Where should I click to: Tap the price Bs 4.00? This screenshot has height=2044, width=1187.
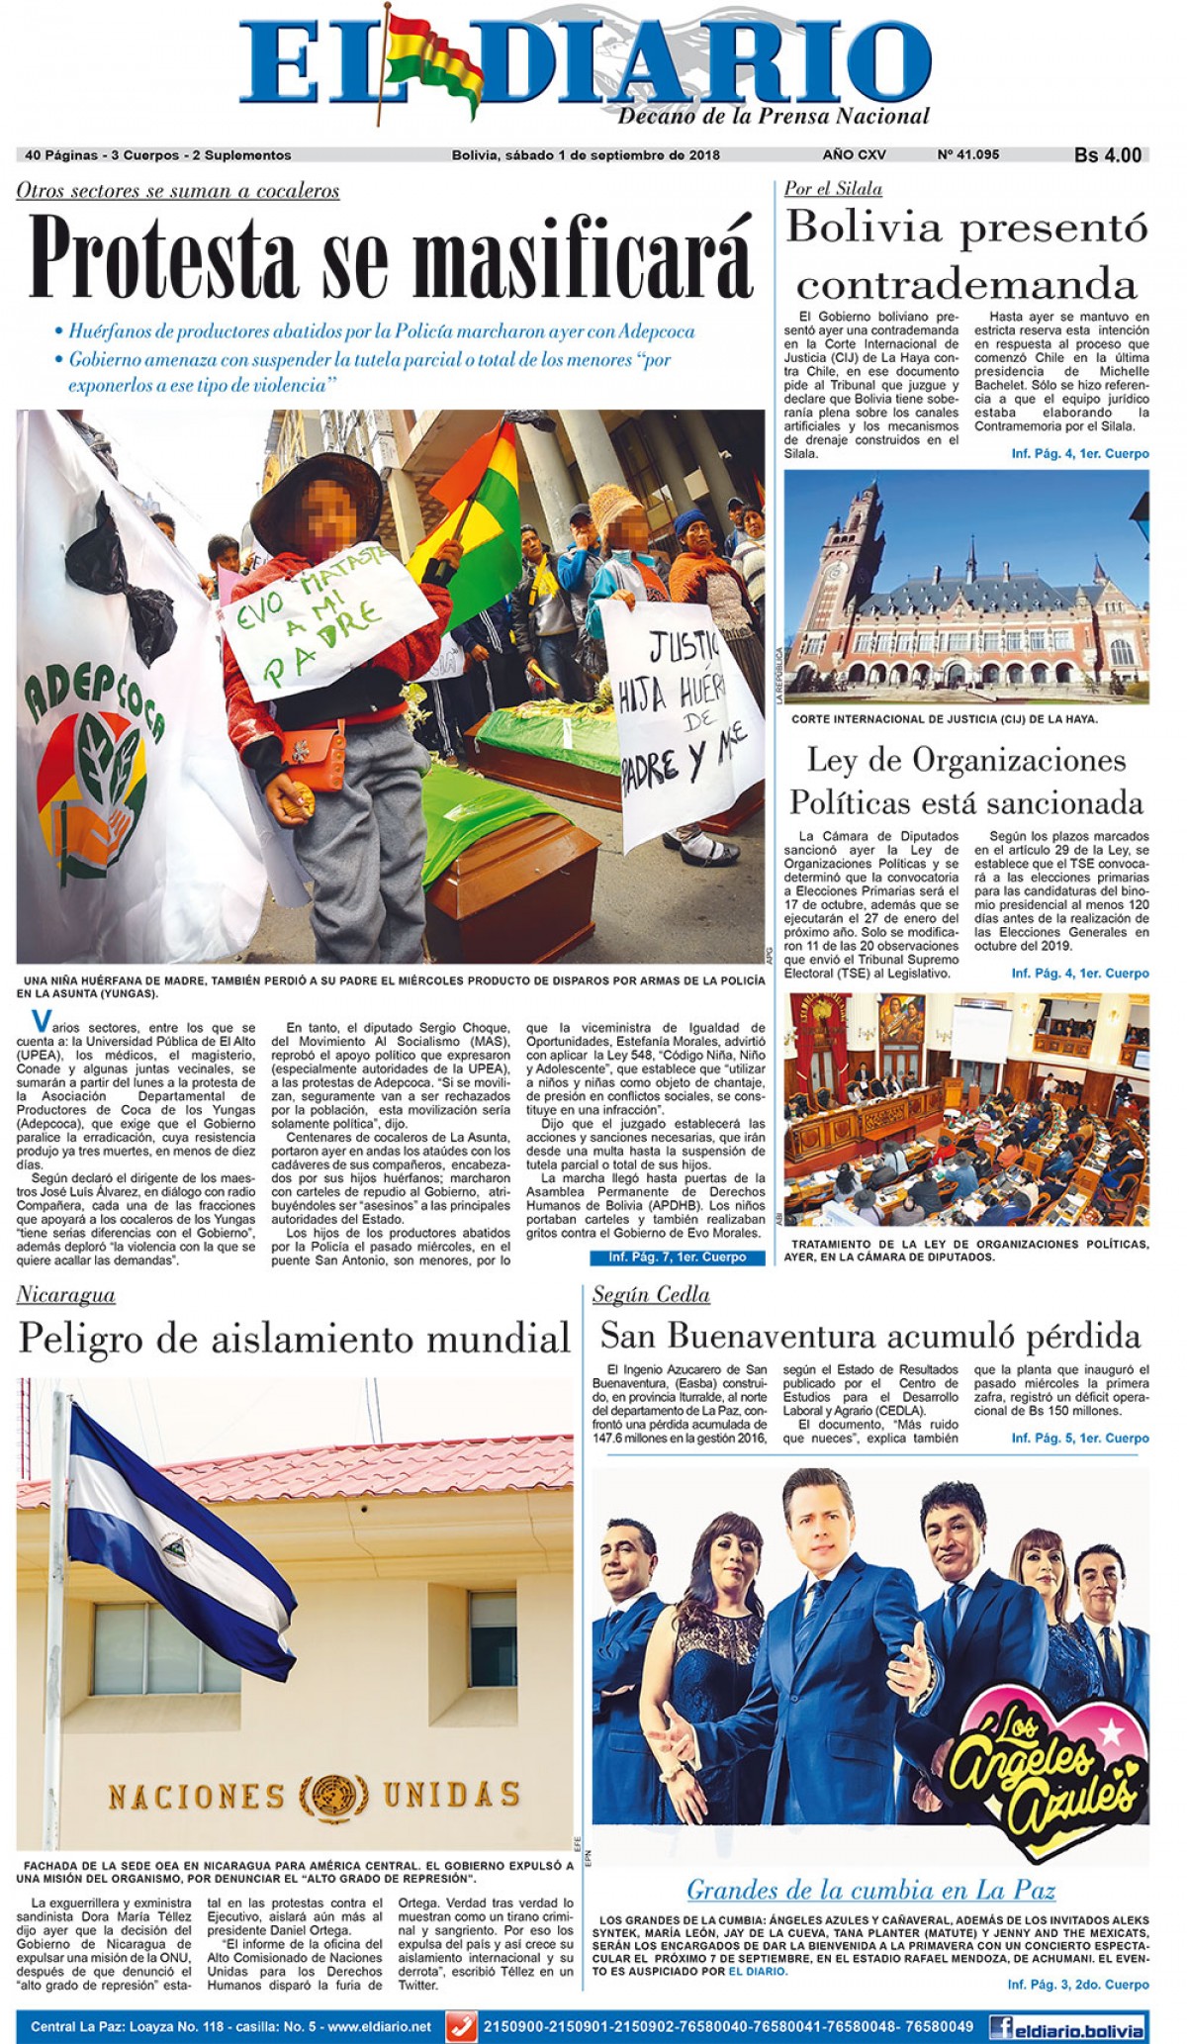pos(1107,155)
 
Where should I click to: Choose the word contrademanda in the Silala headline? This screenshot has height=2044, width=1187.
pos(966,285)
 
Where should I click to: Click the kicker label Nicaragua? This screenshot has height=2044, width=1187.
pos(66,1295)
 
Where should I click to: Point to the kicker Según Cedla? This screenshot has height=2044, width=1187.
pos(650,1295)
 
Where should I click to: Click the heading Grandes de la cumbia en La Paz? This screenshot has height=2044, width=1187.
pos(870,1890)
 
